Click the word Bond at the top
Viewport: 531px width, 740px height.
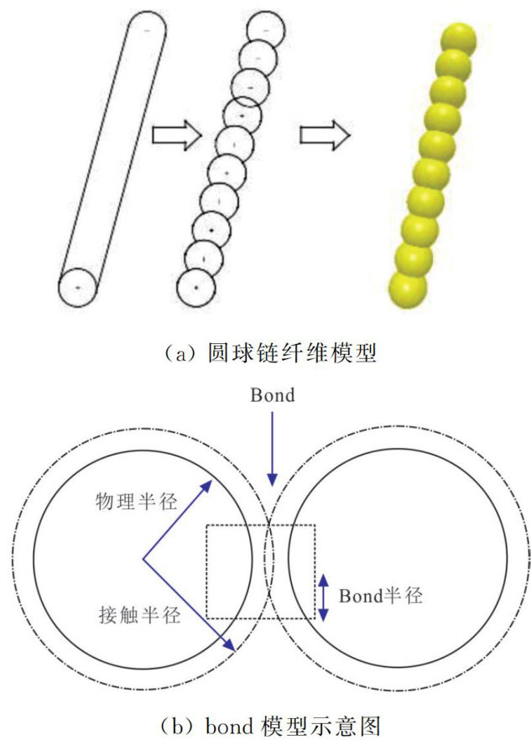[273, 395]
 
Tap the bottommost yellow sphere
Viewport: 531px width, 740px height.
[409, 289]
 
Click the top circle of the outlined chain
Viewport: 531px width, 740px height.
[267, 29]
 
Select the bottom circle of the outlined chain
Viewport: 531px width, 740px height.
[196, 287]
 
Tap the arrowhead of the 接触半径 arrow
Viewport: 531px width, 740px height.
[230, 648]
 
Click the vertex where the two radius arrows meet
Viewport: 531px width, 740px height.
[143, 558]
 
